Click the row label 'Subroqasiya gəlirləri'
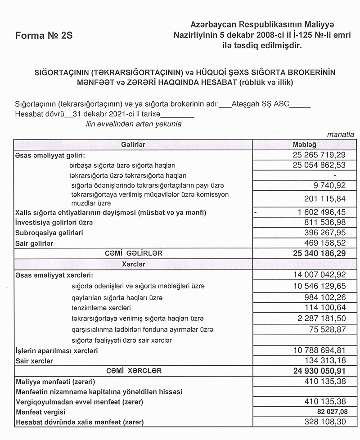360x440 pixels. [50, 233]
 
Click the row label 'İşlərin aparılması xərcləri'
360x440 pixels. [56, 350]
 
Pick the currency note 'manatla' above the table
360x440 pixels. [341, 135]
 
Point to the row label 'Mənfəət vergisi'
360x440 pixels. [40, 412]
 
